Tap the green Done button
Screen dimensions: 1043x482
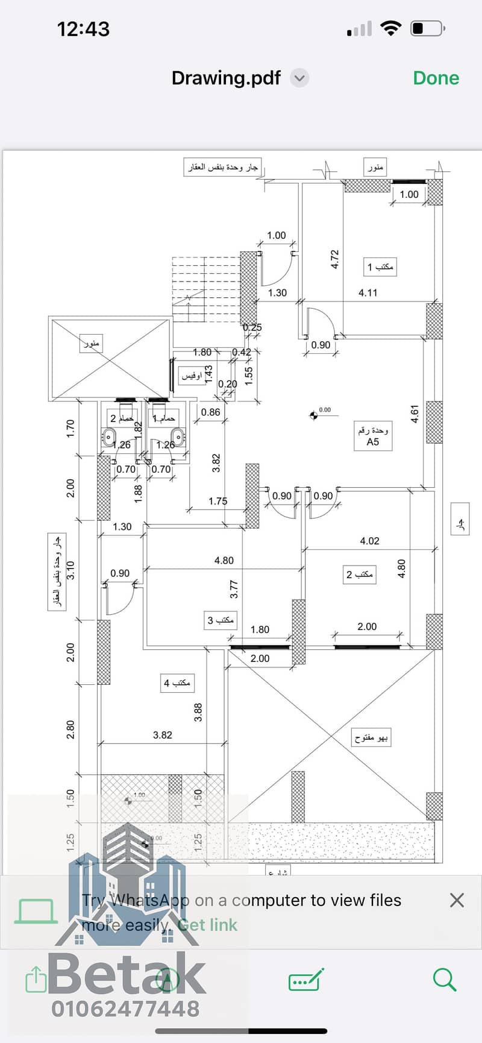click(436, 78)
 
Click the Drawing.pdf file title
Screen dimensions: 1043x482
click(226, 78)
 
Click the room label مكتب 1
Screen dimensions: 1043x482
click(381, 266)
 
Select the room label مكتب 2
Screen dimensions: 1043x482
click(360, 575)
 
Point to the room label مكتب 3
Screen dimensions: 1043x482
click(221, 620)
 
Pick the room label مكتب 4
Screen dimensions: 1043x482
click(177, 683)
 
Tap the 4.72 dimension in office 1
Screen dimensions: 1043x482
click(335, 259)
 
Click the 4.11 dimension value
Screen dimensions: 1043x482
click(368, 293)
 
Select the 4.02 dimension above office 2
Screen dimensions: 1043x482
click(369, 541)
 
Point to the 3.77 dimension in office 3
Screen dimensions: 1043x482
click(234, 589)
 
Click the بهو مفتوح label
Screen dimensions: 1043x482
click(371, 737)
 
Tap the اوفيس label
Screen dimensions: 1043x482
click(192, 376)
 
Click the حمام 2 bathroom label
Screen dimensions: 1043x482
click(122, 418)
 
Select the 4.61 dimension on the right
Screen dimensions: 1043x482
click(415, 414)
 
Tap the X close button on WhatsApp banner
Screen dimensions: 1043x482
click(457, 900)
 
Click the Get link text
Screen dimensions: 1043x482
click(208, 925)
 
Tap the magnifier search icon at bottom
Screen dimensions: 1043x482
click(445, 979)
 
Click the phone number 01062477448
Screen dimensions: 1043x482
click(125, 1009)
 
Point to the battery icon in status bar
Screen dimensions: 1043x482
click(427, 28)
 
